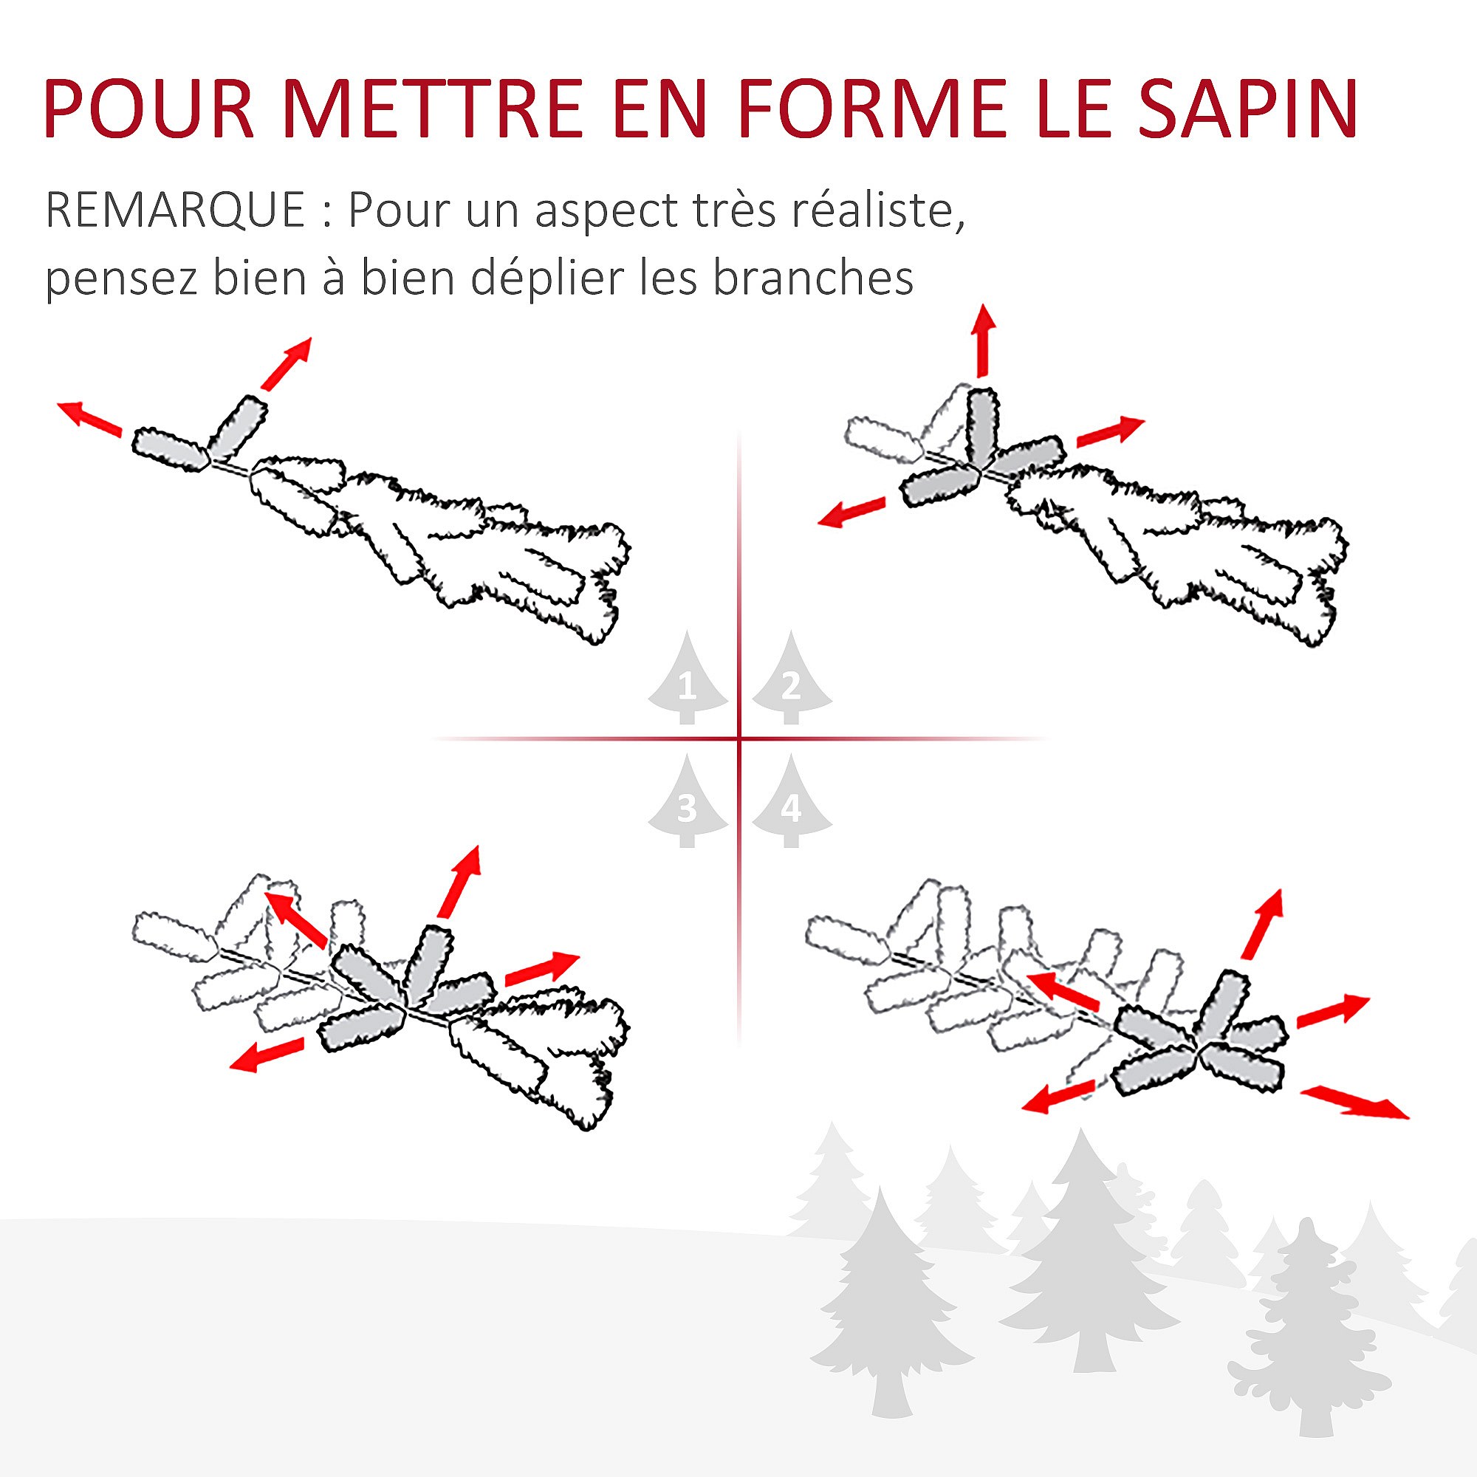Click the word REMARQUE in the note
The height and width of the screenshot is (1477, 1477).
click(176, 210)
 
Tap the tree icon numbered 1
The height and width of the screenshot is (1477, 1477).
click(688, 680)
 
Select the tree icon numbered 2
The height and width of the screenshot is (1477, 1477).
click(791, 680)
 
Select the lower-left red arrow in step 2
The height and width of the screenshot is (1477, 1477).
click(851, 513)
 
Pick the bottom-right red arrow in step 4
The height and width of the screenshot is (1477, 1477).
click(1354, 1102)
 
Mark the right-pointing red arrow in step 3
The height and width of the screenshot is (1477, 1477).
click(542, 969)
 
